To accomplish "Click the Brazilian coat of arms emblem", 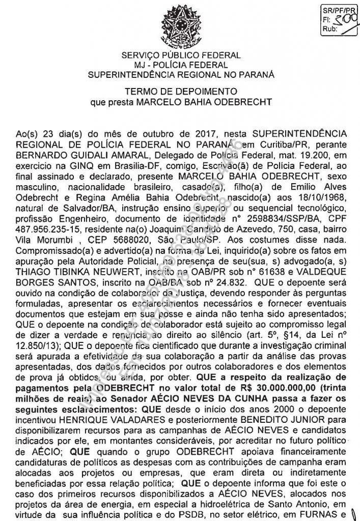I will point(180,25).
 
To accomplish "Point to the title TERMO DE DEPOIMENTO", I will point(181,92).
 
